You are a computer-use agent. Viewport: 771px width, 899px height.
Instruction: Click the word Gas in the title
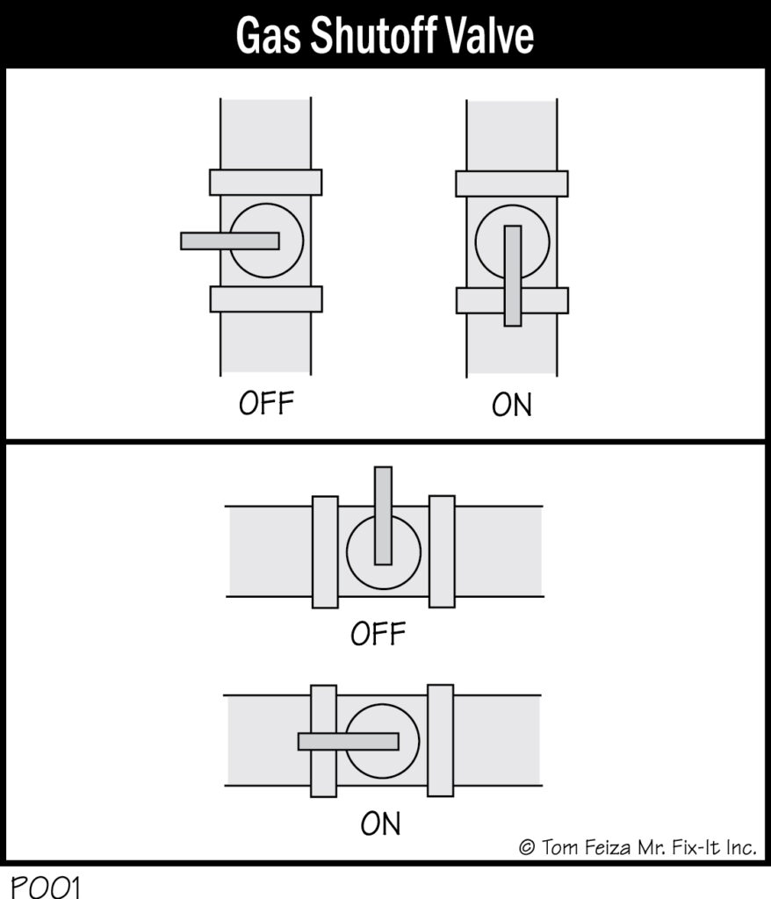(268, 35)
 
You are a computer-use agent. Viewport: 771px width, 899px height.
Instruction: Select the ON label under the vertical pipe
(512, 404)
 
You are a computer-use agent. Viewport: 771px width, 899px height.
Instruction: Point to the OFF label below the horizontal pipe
(378, 634)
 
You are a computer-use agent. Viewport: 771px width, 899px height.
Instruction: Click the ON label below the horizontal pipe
(380, 823)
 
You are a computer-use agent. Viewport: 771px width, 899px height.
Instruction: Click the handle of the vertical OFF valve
(230, 241)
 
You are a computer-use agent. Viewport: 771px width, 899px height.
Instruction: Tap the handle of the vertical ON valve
(513, 276)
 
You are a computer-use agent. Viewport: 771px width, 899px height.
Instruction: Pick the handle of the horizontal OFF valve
(383, 515)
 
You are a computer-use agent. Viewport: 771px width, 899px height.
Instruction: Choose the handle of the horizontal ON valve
(349, 741)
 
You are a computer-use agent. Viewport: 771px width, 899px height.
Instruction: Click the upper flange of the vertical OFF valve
(265, 183)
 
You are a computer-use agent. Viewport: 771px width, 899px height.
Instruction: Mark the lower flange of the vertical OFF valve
(266, 299)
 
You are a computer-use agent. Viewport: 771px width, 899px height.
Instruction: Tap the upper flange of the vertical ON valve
(512, 183)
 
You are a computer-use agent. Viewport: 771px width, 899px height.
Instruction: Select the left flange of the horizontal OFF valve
(325, 551)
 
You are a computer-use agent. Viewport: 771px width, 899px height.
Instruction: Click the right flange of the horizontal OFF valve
(442, 551)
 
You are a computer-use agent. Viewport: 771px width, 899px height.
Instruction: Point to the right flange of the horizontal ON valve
(441, 740)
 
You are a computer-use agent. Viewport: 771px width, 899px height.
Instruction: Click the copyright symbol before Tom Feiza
(527, 847)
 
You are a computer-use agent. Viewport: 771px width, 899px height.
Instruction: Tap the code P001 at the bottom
(46, 887)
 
